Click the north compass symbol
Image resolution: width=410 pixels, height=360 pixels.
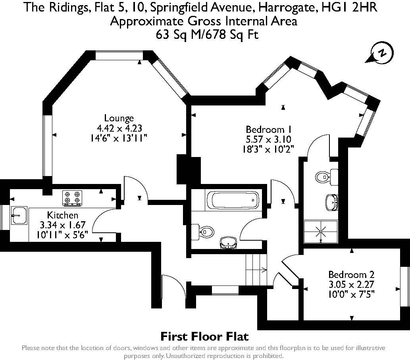[380, 54]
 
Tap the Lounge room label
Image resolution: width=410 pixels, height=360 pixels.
[119, 118]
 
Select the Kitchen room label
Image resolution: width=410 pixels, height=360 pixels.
[62, 215]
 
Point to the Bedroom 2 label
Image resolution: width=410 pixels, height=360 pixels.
[351, 275]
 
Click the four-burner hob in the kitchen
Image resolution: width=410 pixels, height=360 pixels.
[72, 197]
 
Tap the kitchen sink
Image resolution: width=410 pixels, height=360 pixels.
[19, 215]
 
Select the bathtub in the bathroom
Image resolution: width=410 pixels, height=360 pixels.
[233, 200]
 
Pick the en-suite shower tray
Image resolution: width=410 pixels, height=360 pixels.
[321, 231]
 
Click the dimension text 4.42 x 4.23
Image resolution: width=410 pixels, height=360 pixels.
[119, 128]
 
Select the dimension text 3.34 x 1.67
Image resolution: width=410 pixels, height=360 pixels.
[63, 225]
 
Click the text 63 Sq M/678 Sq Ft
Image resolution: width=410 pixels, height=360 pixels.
[207, 34]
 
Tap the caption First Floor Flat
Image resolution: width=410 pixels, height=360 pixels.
[204, 337]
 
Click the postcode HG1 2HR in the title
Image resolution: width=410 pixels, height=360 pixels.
[349, 7]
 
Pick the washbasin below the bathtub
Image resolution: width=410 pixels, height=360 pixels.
[229, 243]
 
